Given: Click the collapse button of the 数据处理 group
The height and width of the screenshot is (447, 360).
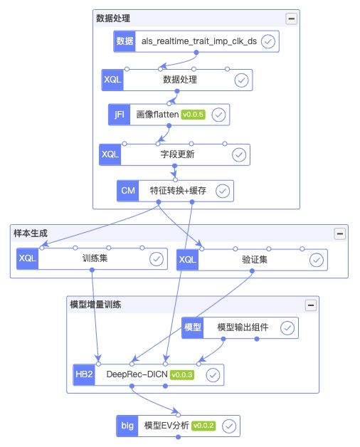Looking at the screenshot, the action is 291,19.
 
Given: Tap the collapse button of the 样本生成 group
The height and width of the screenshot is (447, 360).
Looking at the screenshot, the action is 340,233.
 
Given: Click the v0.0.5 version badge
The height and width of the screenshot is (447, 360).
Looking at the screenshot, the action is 194,115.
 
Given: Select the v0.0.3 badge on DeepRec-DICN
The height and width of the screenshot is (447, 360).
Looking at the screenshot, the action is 182,374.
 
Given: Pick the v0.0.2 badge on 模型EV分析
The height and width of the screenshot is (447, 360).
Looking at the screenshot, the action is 203,426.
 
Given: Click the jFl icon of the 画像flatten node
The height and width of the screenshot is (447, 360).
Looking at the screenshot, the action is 119,115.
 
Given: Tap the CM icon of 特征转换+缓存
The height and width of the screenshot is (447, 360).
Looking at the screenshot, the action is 127,191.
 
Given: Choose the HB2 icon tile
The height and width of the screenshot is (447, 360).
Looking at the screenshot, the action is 84,374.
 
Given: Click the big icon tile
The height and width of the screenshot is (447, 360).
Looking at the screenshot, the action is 127,426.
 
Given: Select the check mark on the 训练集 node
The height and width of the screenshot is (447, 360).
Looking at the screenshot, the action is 157,259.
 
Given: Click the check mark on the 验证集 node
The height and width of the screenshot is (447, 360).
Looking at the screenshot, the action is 317,260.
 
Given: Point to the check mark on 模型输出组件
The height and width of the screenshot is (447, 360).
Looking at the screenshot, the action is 287,328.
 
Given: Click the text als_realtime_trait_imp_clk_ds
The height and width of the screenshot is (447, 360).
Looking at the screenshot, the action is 199,41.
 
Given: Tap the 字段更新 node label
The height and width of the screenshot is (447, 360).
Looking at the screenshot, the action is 177,154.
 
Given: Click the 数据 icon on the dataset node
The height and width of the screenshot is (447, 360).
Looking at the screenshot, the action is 125,41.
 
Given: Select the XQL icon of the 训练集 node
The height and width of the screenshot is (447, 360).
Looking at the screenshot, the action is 27,258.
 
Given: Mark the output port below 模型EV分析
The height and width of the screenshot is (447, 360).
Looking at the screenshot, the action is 178,437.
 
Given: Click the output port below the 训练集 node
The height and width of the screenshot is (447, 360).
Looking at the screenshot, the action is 92,270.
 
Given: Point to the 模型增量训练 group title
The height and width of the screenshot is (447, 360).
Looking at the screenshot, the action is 95,305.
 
